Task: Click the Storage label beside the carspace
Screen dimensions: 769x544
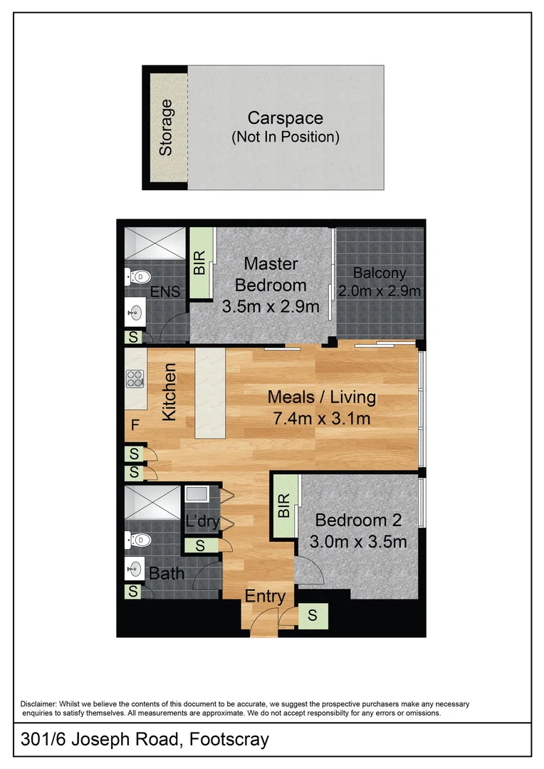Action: pyautogui.click(x=166, y=127)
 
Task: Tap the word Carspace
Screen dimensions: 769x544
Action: pyautogui.click(x=285, y=118)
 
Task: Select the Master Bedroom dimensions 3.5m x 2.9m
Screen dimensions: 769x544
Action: pyautogui.click(x=271, y=308)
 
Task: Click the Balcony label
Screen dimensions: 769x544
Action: pyautogui.click(x=380, y=273)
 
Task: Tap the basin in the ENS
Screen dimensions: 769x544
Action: pyautogui.click(x=135, y=311)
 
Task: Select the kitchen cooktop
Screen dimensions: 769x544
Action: pyautogui.click(x=135, y=379)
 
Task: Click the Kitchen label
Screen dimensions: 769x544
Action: pyautogui.click(x=169, y=392)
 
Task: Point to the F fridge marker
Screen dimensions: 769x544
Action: pyautogui.click(x=135, y=427)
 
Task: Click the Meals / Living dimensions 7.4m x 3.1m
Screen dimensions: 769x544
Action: pyautogui.click(x=321, y=419)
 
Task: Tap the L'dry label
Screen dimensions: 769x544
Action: pyautogui.click(x=202, y=520)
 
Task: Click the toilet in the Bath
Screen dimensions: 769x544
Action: pyautogui.click(x=137, y=540)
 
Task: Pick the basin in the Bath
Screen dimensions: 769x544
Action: pyautogui.click(x=135, y=567)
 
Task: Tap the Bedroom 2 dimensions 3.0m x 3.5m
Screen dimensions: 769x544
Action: pyautogui.click(x=358, y=542)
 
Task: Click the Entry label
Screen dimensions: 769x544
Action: pyautogui.click(x=265, y=597)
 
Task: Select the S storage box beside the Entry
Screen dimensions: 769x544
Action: pyautogui.click(x=313, y=615)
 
